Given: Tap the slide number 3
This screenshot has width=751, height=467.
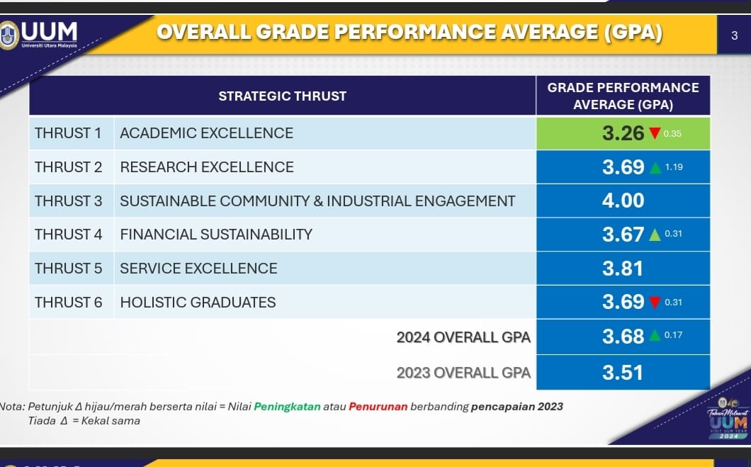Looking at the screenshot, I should click(x=734, y=35).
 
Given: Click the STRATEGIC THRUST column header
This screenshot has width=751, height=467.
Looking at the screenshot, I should click(x=282, y=96).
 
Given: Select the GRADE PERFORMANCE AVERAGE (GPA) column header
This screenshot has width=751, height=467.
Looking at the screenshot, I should click(x=623, y=96).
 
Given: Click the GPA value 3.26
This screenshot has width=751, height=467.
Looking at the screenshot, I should click(x=623, y=133).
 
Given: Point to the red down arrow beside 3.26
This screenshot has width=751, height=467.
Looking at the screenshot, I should click(x=655, y=133).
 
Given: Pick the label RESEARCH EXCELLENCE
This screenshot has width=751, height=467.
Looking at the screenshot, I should click(x=207, y=167).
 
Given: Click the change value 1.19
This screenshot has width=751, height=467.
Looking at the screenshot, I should click(x=674, y=167).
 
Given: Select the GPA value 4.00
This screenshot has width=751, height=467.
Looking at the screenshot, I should click(x=623, y=201).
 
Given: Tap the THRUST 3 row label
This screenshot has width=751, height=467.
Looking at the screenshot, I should click(x=69, y=201).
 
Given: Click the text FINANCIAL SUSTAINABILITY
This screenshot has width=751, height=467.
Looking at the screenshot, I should click(x=216, y=235).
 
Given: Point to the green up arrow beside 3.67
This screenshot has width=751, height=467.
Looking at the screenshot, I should click(x=655, y=235).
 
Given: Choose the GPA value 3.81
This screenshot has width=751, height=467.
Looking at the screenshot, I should click(x=623, y=269).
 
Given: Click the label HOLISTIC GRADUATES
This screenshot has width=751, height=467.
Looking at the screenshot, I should click(x=198, y=303).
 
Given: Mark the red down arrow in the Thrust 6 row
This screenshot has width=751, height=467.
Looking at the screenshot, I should click(x=655, y=303).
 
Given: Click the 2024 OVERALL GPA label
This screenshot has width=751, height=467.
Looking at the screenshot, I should click(x=463, y=337).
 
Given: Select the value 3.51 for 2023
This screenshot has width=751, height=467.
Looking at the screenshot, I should click(x=623, y=373).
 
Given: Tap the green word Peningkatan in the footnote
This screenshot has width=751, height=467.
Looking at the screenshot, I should click(x=287, y=407).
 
